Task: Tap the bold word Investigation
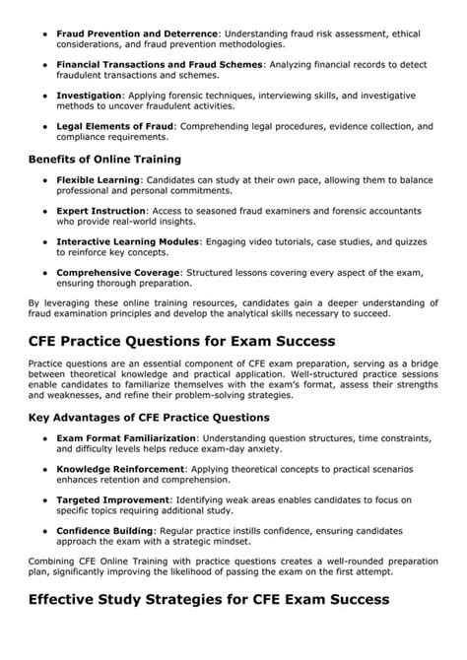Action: tap(93, 95)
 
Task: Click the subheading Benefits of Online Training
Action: tap(104, 158)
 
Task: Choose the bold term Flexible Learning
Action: tap(99, 180)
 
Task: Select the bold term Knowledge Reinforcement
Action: tap(121, 470)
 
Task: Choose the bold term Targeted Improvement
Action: tap(111, 500)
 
